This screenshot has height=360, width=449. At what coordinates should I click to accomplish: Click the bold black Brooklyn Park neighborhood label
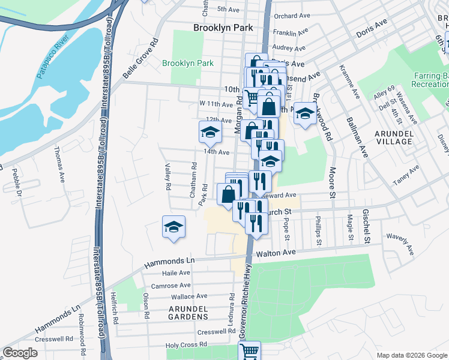click(x=223, y=28)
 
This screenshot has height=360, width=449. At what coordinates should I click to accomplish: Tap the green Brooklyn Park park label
click(x=188, y=63)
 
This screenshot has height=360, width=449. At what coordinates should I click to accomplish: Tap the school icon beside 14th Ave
click(x=210, y=133)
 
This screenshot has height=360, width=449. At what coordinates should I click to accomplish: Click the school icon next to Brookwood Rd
click(x=305, y=114)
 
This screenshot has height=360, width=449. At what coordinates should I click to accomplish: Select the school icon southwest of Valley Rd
click(x=173, y=227)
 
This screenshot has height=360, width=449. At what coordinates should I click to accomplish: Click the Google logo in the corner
click(x=20, y=353)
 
